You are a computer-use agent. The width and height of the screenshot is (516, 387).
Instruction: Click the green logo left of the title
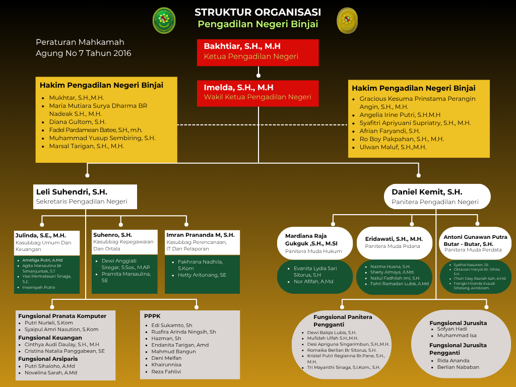[x=164, y=21]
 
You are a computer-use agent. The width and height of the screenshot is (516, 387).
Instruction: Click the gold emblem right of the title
[x=347, y=21]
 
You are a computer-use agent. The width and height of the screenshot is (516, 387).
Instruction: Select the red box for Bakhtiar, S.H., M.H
[x=257, y=52]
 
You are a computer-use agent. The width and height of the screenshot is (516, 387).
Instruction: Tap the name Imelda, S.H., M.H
[x=238, y=88]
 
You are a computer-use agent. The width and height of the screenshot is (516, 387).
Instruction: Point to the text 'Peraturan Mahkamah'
[x=80, y=42]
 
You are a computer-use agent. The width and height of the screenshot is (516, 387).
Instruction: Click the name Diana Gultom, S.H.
[x=77, y=122]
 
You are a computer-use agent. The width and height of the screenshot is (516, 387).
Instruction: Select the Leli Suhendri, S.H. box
[x=86, y=197]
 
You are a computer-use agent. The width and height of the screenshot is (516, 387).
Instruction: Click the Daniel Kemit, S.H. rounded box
[x=437, y=197]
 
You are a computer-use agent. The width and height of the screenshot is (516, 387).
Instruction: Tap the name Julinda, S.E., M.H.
[x=40, y=235]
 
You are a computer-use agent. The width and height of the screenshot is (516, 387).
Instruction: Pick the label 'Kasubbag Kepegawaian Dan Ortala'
[x=123, y=245]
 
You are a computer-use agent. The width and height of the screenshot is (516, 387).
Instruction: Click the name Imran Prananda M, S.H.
[x=200, y=235]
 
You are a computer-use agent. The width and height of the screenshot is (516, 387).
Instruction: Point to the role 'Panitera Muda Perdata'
[x=473, y=250]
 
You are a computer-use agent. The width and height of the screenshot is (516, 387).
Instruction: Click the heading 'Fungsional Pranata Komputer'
[x=62, y=316]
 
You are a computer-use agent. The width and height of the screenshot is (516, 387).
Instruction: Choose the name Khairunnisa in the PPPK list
[x=166, y=364]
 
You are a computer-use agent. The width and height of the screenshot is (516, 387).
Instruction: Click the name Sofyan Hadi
[x=452, y=329]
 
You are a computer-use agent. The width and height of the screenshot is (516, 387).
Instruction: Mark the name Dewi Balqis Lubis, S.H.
[x=332, y=333]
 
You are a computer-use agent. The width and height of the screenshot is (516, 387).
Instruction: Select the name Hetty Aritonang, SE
[x=202, y=275]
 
